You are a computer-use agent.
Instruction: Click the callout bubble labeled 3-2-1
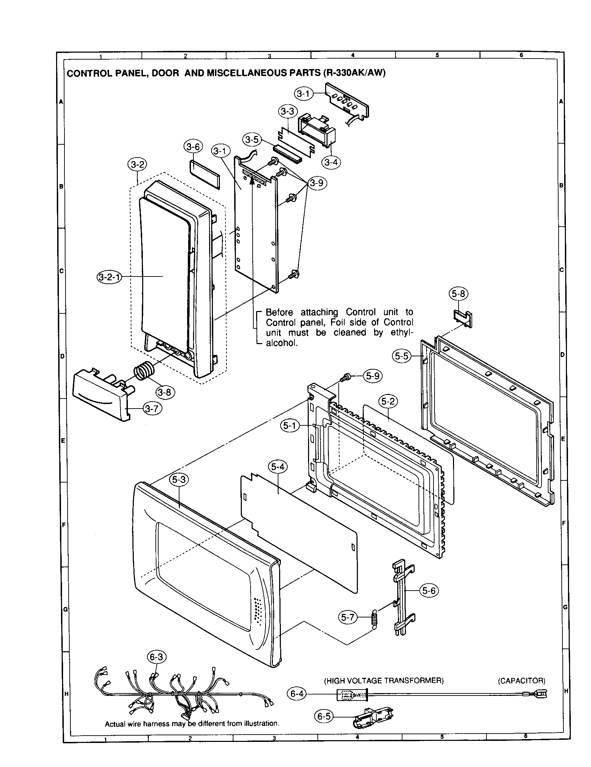pyautogui.click(x=109, y=277)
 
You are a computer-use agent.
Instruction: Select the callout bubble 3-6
pyautogui.click(x=193, y=147)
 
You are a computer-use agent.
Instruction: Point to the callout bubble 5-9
pyautogui.click(x=373, y=376)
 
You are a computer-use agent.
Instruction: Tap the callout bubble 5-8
pyautogui.click(x=458, y=294)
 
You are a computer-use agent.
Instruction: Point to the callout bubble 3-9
pyautogui.click(x=317, y=183)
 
